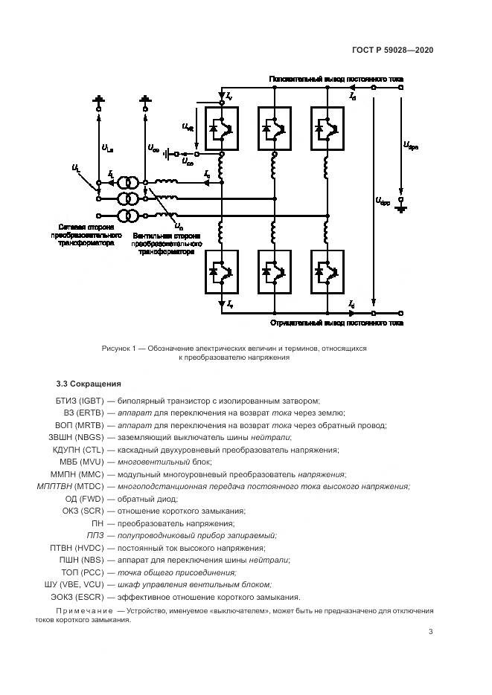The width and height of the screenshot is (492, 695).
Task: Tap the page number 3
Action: [x=430, y=633]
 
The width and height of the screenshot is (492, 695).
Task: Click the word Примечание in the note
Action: [x=84, y=611]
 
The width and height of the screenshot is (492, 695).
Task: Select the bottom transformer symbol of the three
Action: [x=130, y=216]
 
